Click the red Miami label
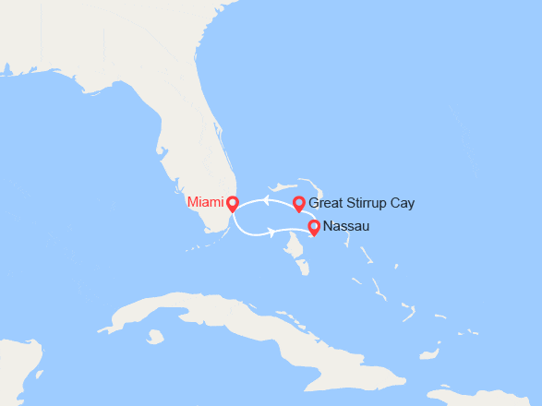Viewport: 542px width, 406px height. (x=204, y=202)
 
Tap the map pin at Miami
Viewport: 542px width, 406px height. (x=232, y=203)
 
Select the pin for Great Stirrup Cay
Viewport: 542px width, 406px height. (x=298, y=203)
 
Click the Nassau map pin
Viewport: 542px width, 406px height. (x=314, y=226)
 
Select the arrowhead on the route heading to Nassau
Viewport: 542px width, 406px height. (x=271, y=233)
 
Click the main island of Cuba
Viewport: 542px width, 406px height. (x=231, y=318)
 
